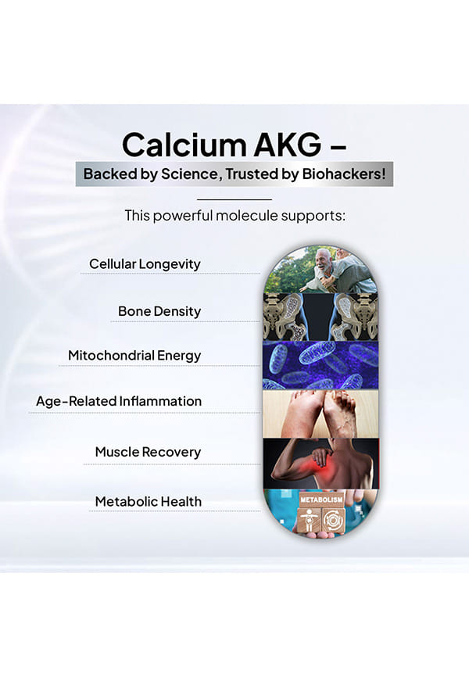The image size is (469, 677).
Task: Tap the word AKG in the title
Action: (287, 145)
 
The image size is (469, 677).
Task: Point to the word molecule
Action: (247, 215)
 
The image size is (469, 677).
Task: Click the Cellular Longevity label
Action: (145, 263)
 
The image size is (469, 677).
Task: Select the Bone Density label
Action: (159, 311)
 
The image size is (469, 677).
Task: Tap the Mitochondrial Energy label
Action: (134, 356)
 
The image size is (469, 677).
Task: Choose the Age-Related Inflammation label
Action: (119, 401)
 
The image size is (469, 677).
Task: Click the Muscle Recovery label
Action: (148, 452)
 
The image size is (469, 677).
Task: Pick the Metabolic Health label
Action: (149, 501)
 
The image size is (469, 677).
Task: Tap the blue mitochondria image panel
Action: (320, 365)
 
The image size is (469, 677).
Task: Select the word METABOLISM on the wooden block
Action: (321, 499)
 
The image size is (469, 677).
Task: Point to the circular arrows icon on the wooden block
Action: (334, 521)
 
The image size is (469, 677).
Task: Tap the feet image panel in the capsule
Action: (320, 414)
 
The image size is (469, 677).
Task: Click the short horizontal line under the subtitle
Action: (234, 199)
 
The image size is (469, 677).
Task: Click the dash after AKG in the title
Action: (338, 147)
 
